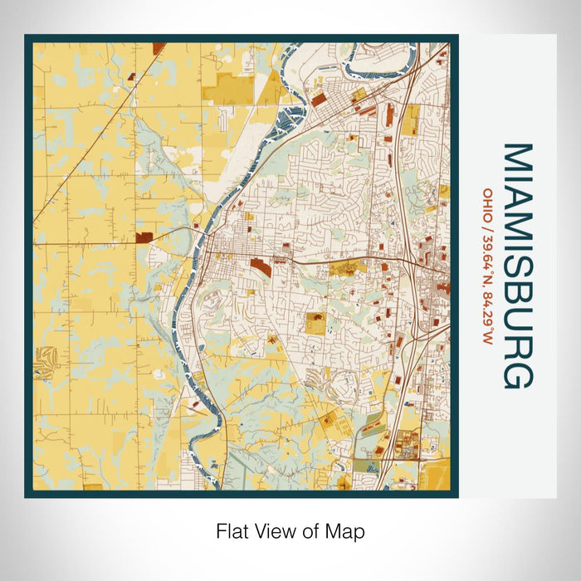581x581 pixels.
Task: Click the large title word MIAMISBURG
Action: click(x=517, y=266)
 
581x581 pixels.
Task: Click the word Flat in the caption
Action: click(x=231, y=530)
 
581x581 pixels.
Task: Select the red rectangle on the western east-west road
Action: click(x=146, y=237)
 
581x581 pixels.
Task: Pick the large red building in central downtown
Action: click(x=260, y=267)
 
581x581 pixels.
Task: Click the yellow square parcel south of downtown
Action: click(x=315, y=323)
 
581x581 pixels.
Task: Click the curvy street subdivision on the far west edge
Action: click(x=43, y=364)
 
